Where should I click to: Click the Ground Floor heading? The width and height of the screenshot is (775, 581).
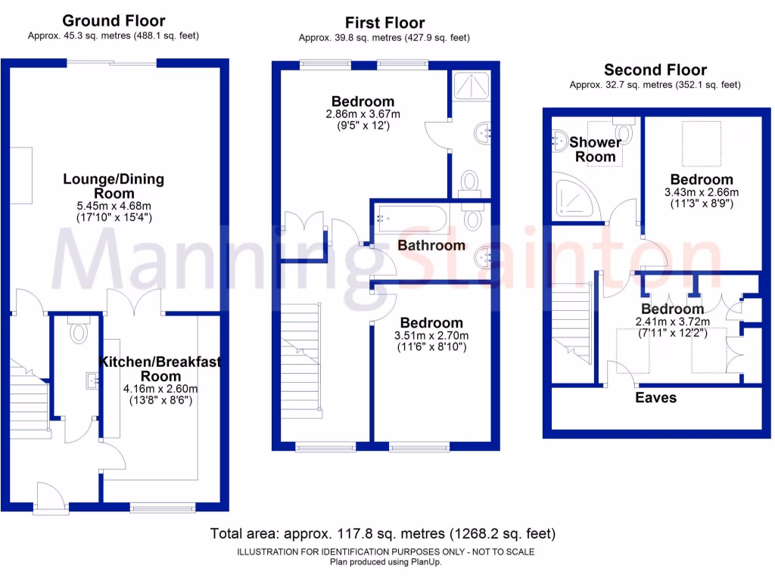114,20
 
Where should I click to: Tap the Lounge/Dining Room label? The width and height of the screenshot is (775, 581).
114,186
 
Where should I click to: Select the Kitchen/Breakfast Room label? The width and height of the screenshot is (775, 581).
160,369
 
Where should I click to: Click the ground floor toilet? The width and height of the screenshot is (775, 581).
78,331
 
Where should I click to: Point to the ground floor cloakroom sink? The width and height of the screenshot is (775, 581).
92,381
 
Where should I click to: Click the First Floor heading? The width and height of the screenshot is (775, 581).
384,23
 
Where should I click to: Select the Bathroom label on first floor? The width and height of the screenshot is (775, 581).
431,245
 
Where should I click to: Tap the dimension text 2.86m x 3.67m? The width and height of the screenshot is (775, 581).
363,114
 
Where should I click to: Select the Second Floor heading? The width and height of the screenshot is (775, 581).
655,70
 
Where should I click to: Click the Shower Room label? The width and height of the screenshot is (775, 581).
596,149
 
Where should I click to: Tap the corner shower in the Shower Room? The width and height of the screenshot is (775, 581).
575,194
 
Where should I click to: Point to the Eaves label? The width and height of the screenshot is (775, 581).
655,397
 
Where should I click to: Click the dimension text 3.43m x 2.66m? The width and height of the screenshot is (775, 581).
702,192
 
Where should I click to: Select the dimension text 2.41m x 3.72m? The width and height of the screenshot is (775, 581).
673,322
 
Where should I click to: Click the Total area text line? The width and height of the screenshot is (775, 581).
383,534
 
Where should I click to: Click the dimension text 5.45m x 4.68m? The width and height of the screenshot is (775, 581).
114,206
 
